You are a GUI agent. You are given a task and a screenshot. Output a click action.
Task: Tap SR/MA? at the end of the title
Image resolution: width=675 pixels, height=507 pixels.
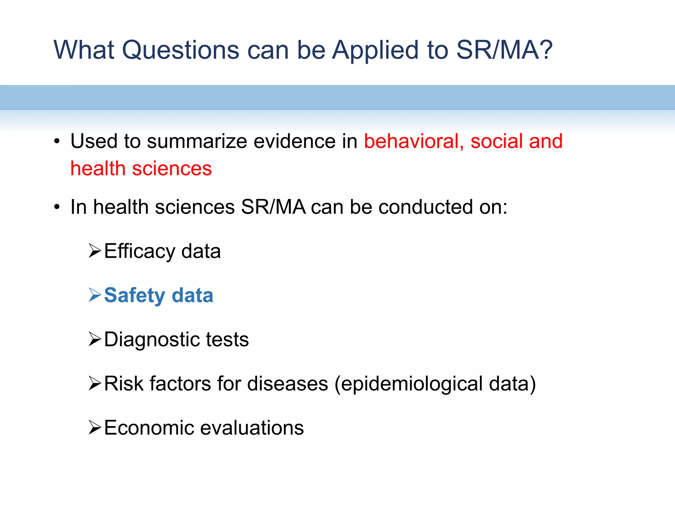(x=504, y=50)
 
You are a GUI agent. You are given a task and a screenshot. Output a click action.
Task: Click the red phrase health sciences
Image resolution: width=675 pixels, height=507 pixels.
(x=141, y=169)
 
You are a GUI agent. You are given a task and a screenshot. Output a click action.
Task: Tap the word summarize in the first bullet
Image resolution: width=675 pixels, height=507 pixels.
(x=197, y=141)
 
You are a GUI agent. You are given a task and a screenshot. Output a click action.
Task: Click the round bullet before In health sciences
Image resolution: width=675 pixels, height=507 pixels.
(x=57, y=208)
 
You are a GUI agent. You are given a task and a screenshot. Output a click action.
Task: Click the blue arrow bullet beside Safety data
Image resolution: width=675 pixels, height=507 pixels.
(x=95, y=295)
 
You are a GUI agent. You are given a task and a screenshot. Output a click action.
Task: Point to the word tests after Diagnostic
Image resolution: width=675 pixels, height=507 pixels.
(x=227, y=340)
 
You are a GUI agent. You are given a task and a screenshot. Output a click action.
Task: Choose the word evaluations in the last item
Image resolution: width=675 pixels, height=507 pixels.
(x=252, y=428)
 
